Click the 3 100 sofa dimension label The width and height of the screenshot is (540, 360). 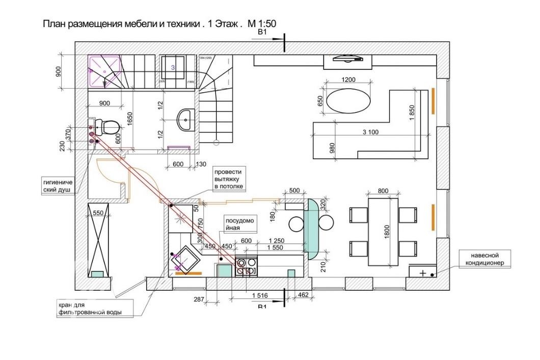[x=370, y=132]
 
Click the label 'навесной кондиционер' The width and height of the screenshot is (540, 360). [x=483, y=259]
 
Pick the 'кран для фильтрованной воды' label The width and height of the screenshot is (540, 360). [x=90, y=309]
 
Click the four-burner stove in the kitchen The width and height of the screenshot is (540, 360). [x=246, y=267]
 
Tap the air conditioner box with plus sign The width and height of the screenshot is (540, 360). [x=423, y=272]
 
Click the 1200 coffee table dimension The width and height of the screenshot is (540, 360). [x=348, y=79]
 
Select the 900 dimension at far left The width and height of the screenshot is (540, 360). [x=58, y=71]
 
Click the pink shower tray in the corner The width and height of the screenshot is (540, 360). [x=105, y=70]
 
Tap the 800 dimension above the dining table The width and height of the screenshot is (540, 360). [x=384, y=191]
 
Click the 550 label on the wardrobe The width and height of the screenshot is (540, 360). [x=98, y=213]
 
